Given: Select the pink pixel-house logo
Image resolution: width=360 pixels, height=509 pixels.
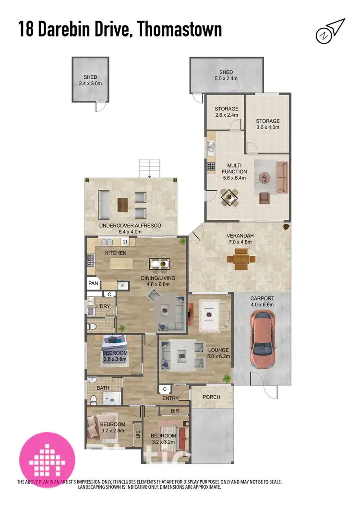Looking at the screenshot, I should pos(47,454).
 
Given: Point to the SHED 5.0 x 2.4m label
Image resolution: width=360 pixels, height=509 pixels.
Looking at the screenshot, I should pos(226,75).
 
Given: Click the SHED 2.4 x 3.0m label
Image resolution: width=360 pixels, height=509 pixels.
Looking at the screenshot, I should pos(90,80).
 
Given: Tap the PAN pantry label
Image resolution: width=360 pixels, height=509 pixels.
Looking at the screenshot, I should pos(93,284).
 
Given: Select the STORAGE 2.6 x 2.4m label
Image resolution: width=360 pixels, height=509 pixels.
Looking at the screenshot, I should pos(226,112).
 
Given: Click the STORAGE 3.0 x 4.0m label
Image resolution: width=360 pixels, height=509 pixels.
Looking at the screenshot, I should pos(267,124).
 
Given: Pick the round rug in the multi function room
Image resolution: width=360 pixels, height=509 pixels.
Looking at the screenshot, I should pos(265,177).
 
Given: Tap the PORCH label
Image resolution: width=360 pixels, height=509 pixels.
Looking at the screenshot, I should pos(212,397).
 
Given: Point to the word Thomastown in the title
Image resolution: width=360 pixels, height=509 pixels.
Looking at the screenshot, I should pos(180,30).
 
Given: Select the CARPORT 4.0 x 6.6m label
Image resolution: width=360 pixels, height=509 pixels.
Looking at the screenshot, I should pos(262,301).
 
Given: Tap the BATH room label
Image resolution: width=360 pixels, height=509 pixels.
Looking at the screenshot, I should pos(103,388).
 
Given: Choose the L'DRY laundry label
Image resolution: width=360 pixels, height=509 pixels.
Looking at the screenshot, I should pos(104,306).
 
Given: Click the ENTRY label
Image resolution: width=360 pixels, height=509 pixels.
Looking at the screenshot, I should pos(170,398).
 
